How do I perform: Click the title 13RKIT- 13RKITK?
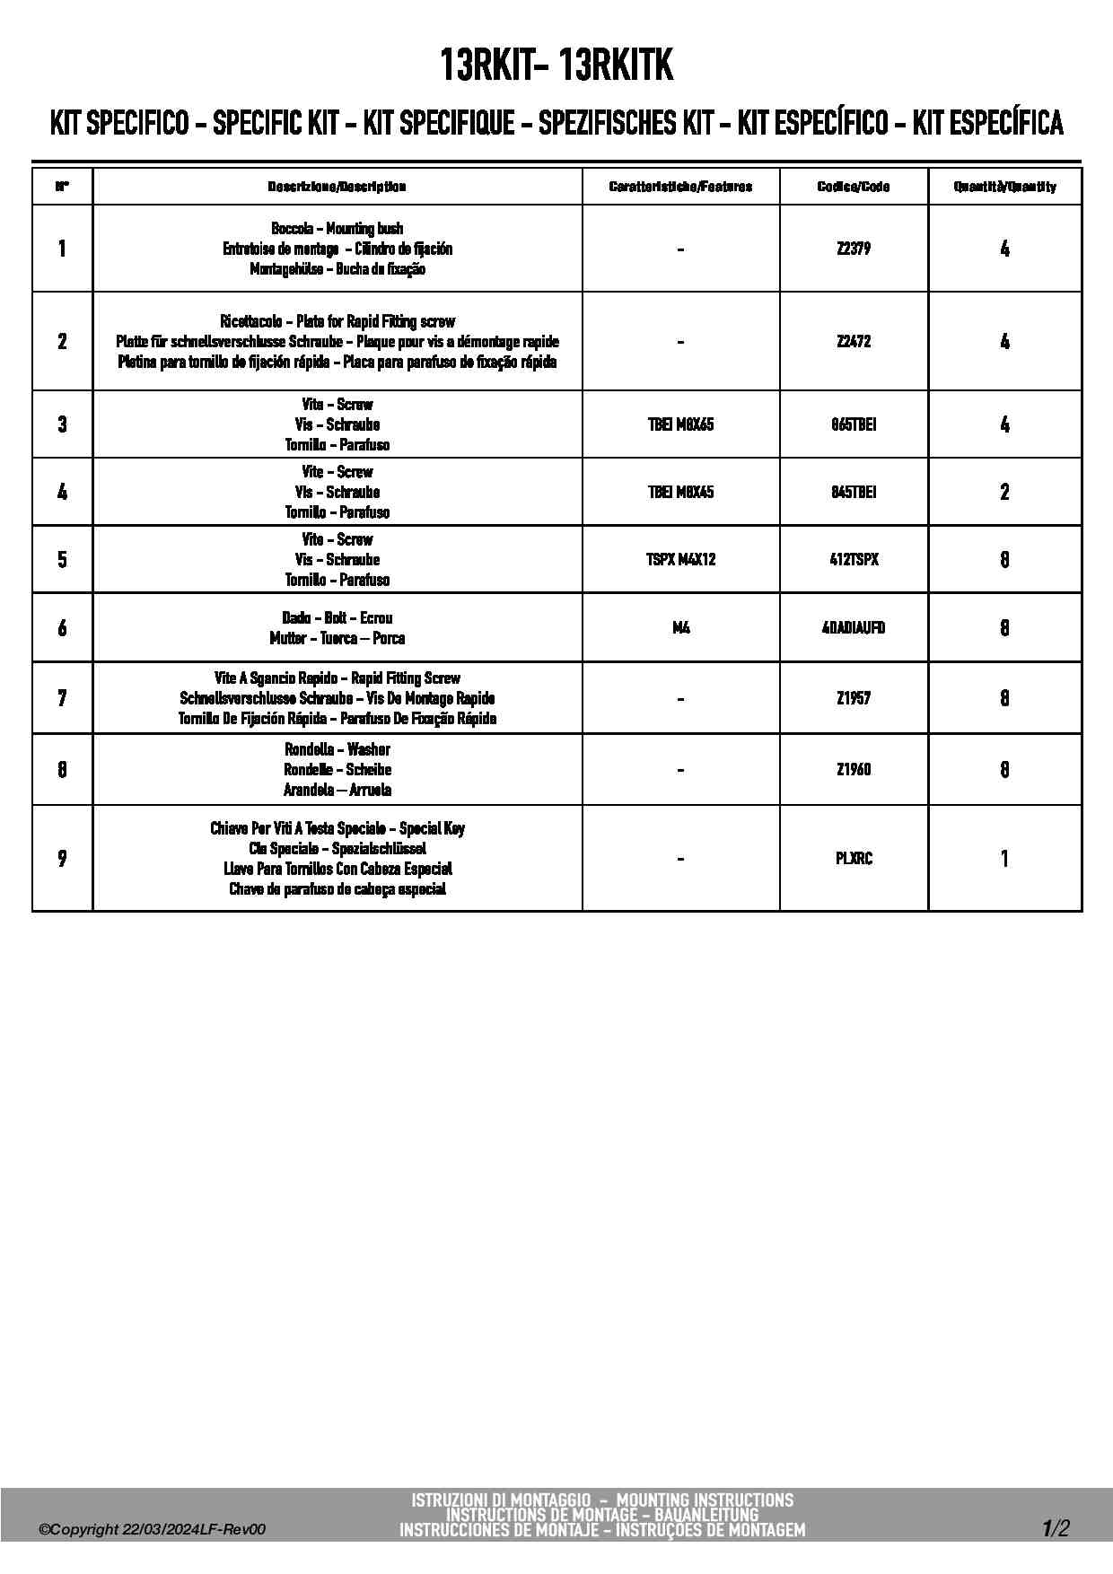(x=556, y=65)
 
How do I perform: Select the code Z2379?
(x=853, y=249)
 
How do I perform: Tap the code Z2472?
(x=853, y=341)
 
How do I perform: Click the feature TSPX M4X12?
(x=680, y=559)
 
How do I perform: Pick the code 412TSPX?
(x=854, y=559)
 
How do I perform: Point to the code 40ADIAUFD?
(x=854, y=627)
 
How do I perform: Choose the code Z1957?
(x=853, y=698)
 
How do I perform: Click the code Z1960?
(x=853, y=769)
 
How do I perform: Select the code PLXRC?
(x=854, y=858)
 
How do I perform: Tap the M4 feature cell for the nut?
(x=680, y=627)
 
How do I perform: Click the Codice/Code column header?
(x=854, y=187)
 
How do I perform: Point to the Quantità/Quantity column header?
(x=1004, y=187)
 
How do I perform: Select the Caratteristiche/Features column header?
(x=680, y=187)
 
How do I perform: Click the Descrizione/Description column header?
(x=337, y=187)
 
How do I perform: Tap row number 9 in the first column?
(x=62, y=859)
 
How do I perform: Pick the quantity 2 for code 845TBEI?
(x=1004, y=492)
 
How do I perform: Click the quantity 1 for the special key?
(x=1004, y=859)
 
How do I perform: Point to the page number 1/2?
(x=1056, y=1528)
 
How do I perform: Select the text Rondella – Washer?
(x=337, y=749)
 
